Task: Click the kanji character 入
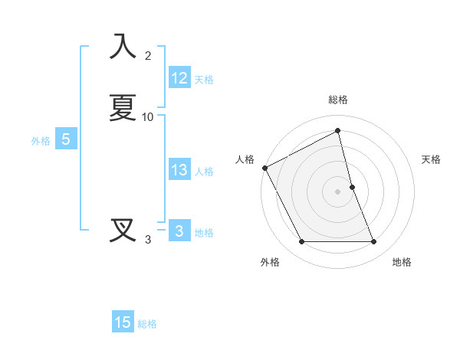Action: pyautogui.click(x=123, y=46)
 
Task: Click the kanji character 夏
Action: pyautogui.click(x=123, y=108)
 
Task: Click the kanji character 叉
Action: pyautogui.click(x=123, y=230)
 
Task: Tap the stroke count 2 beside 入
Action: pyautogui.click(x=148, y=56)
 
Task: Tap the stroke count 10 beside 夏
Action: pyautogui.click(x=148, y=117)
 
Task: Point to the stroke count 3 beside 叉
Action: pyautogui.click(x=148, y=240)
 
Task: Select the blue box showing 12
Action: pyautogui.click(x=179, y=78)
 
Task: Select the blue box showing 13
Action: pyautogui.click(x=179, y=170)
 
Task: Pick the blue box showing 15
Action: pyautogui.click(x=123, y=322)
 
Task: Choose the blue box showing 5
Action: pyautogui.click(x=66, y=139)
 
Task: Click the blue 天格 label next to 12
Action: pyautogui.click(x=204, y=80)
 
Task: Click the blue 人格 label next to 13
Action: pyautogui.click(x=204, y=172)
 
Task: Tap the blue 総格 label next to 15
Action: pyautogui.click(x=147, y=324)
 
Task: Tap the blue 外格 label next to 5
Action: pyautogui.click(x=41, y=141)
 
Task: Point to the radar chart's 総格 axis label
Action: pyautogui.click(x=338, y=100)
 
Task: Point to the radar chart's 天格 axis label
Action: pyautogui.click(x=432, y=159)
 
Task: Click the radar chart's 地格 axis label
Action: pyautogui.click(x=402, y=262)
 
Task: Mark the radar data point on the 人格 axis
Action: pyautogui.click(x=264, y=168)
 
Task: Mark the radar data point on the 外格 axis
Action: pyautogui.click(x=301, y=242)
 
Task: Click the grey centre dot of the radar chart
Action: pyautogui.click(x=338, y=191)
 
